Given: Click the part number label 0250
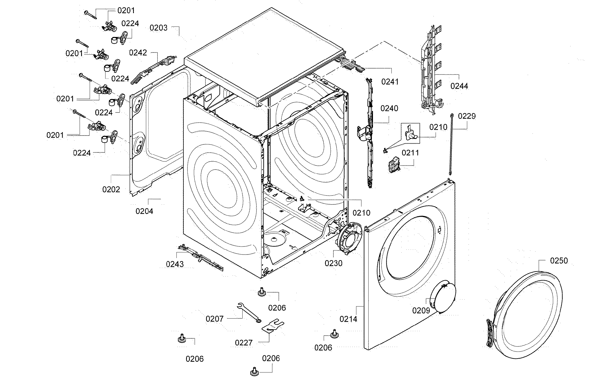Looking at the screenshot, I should pos(559,260).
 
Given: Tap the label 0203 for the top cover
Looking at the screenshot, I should pos(158,28).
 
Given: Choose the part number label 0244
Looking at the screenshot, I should pos(459,86).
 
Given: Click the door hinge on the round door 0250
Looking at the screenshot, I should pos(490,333).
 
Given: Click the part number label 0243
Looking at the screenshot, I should pos(175,264).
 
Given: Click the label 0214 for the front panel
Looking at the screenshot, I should pos(348,319).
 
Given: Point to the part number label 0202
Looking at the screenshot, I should pos(111,189).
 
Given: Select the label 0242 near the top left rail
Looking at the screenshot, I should pos(138,53).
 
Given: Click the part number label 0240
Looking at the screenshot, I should pos(389,109).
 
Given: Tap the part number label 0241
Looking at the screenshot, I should pos(390,82).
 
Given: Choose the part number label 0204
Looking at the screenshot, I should pos(144,211).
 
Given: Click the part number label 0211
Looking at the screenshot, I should pos(410,153).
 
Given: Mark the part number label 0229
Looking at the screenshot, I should pos(467,116).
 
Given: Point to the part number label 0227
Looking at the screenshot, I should pos(244,343).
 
